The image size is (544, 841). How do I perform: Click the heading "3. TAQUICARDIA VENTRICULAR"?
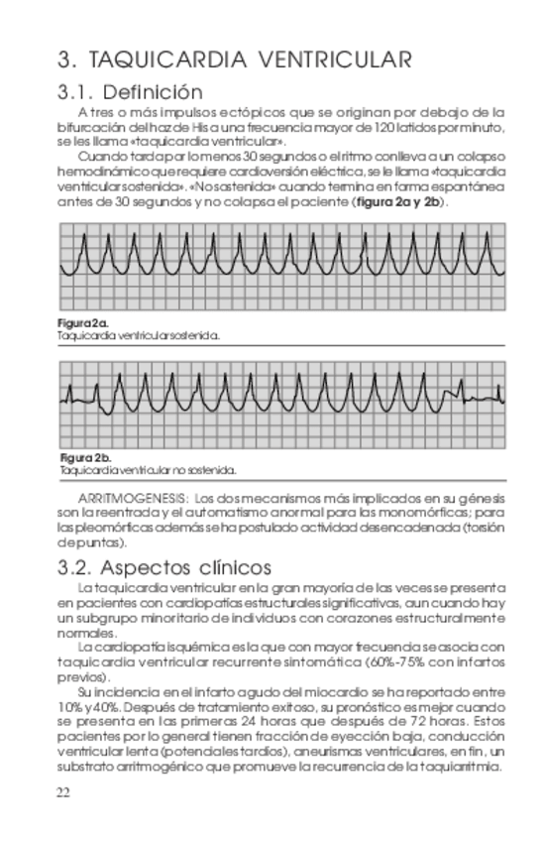234,60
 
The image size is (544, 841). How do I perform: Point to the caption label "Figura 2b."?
86,458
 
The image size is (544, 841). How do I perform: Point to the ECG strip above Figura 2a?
282,265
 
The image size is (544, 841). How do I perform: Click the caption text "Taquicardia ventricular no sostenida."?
147,470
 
